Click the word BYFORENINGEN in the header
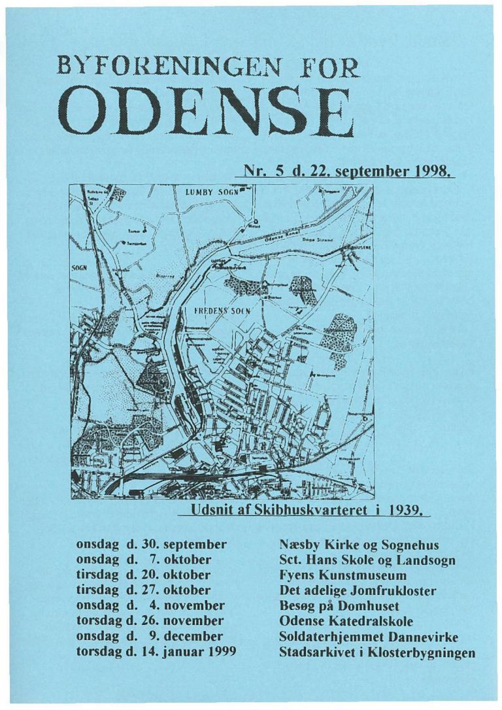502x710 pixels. click(x=164, y=67)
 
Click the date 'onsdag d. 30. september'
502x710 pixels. click(x=151, y=543)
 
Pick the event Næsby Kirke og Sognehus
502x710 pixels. click(x=358, y=544)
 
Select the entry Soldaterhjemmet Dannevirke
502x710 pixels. click(x=368, y=636)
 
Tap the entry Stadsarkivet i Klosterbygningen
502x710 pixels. click(x=376, y=652)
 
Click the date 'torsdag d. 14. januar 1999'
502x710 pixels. click(x=156, y=652)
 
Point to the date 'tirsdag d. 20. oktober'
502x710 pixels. click(x=143, y=575)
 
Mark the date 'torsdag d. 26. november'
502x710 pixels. click(x=150, y=620)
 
